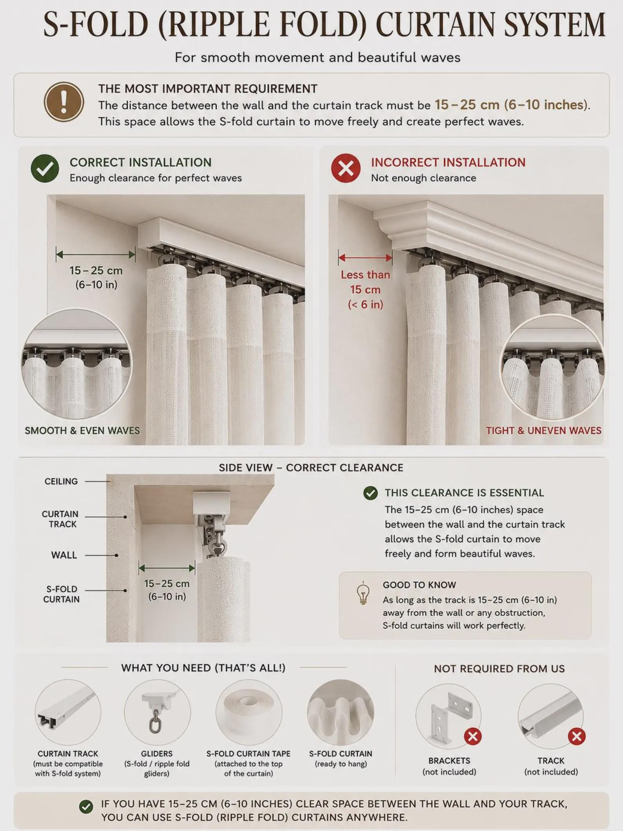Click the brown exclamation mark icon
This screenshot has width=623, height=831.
64,102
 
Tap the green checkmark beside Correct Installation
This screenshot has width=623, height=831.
45,168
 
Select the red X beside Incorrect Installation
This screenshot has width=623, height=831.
346,168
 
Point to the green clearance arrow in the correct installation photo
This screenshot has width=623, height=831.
96,255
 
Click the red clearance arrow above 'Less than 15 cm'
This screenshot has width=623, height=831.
365,258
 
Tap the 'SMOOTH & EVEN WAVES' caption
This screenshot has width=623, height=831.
82,431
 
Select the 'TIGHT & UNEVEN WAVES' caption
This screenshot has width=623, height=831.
544,431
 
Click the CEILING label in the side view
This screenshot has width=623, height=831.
61,481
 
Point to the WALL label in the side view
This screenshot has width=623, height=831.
64,555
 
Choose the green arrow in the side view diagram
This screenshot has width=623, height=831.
167,568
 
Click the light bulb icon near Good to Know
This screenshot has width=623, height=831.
363,593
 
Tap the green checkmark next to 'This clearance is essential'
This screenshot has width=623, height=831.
370,493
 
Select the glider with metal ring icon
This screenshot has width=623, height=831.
158,712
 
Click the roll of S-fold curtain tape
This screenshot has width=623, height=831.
249,713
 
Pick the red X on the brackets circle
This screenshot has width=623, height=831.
473,736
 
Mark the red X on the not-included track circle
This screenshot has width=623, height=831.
576,736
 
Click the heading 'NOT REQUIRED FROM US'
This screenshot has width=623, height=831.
499,669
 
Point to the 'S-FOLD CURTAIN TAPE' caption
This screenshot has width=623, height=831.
248,754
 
